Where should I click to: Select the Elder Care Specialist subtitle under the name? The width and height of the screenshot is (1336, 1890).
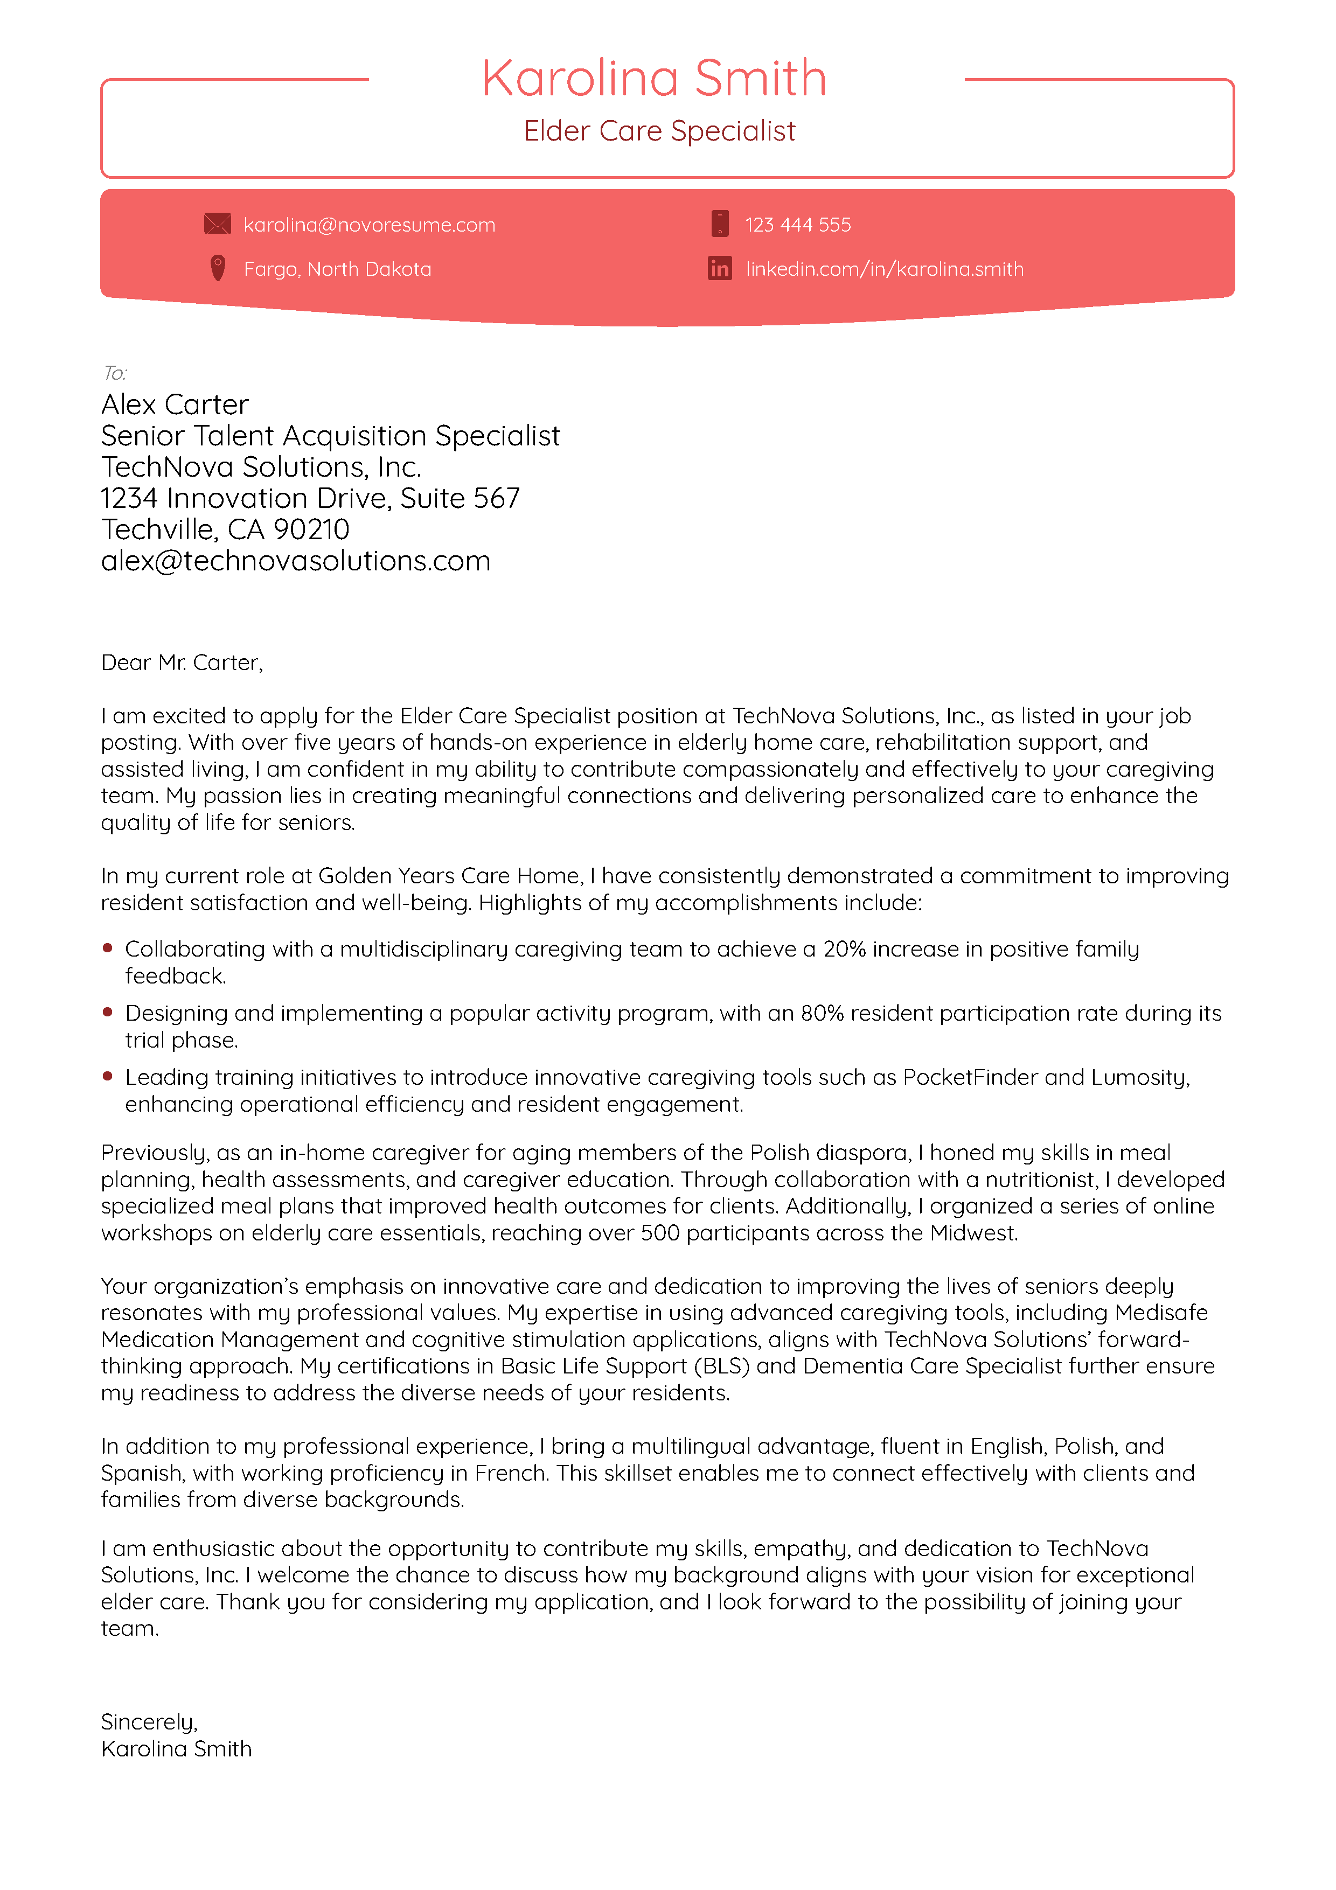click(659, 131)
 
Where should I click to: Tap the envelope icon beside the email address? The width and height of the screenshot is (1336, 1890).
click(217, 224)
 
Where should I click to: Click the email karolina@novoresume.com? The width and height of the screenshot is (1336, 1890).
click(369, 225)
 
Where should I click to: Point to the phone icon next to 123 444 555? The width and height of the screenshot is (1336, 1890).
click(720, 224)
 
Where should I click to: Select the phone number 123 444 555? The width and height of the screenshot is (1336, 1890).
click(798, 225)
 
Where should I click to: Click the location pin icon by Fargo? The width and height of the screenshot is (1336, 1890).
click(217, 268)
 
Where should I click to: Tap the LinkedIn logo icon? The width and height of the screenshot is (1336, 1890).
click(720, 268)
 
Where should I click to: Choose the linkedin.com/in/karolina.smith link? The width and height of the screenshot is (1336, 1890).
click(884, 269)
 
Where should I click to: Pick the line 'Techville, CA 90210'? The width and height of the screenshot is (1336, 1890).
click(225, 529)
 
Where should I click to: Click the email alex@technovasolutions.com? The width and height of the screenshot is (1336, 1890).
click(296, 561)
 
